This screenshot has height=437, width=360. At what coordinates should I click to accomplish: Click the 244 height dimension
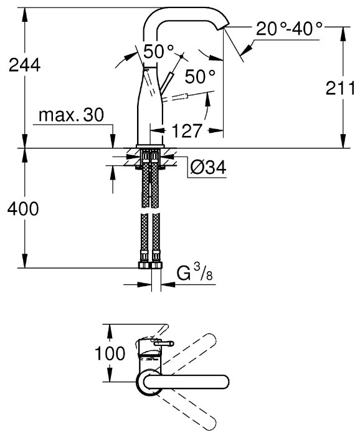tap(24, 66)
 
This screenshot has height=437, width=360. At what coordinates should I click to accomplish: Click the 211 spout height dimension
tap(340, 88)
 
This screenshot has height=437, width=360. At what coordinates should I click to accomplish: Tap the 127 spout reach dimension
tap(187, 130)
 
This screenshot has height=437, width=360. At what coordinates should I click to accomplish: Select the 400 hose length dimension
tap(23, 209)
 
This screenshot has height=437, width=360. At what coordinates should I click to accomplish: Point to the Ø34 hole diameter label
tap(208, 168)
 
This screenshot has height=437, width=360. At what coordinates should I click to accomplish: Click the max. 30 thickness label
tap(71, 115)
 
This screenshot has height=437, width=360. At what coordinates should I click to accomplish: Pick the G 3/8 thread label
tap(195, 272)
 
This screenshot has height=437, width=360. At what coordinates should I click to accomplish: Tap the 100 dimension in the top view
tap(110, 353)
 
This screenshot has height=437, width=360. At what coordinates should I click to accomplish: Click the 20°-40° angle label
tap(289, 29)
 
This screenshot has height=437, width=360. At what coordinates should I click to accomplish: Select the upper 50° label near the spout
tap(158, 51)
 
